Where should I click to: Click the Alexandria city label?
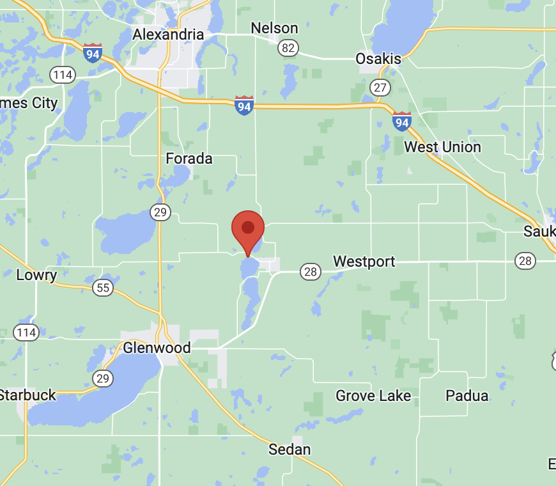click(168, 35)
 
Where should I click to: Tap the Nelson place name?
click(274, 28)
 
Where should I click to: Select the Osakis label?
click(378, 59)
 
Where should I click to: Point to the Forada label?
click(189, 159)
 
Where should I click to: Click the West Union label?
click(442, 147)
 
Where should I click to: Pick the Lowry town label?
click(36, 276)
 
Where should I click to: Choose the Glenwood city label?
click(157, 348)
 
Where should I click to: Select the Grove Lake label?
click(373, 396)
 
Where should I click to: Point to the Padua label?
click(467, 396)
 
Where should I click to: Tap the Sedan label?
click(290, 450)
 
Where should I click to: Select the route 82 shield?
click(288, 47)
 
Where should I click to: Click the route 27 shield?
click(381, 88)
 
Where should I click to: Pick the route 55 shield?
click(103, 288)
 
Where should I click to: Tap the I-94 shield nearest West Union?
click(401, 121)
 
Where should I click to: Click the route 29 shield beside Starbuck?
click(103, 379)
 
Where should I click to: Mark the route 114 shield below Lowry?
click(26, 333)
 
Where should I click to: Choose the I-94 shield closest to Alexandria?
click(93, 53)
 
